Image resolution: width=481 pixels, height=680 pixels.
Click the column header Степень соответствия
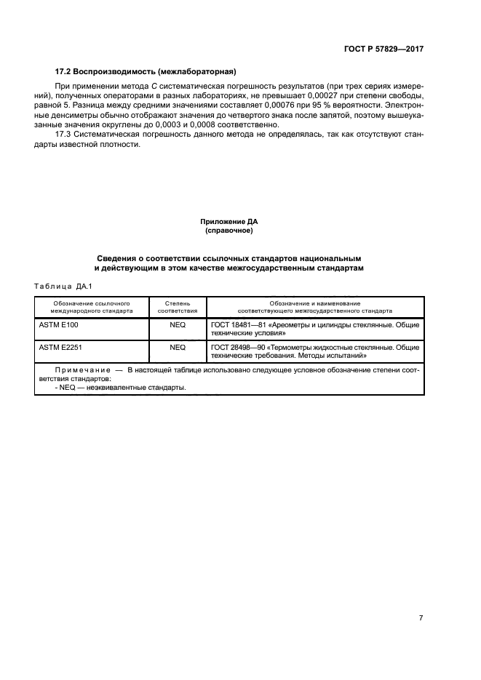point(178,305)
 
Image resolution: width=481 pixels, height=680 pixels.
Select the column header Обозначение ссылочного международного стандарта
point(92,305)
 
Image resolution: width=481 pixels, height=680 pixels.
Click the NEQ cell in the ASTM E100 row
point(178,325)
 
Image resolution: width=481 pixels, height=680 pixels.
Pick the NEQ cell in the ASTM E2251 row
point(178,348)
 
